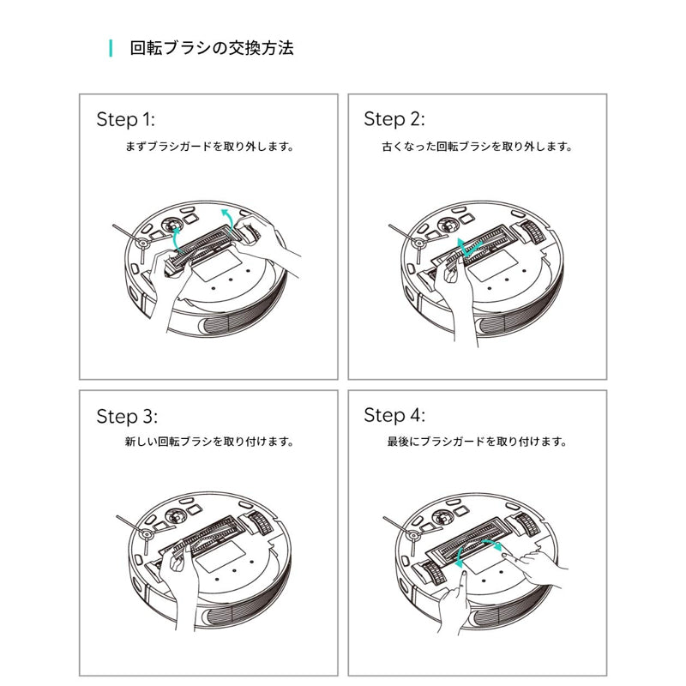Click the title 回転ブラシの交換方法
pyautogui.click(x=211, y=48)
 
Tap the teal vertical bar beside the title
pyautogui.click(x=111, y=48)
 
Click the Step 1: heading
pyautogui.click(x=125, y=118)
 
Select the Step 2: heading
pyautogui.click(x=394, y=118)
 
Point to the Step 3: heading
pyautogui.click(x=127, y=417)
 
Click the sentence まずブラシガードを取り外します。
pyautogui.click(x=209, y=147)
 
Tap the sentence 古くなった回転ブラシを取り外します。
pyautogui.click(x=477, y=147)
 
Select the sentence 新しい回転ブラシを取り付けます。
pyautogui.click(x=209, y=443)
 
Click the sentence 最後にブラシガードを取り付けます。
pyautogui.click(x=477, y=443)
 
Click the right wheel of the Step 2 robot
pyautogui.click(x=533, y=231)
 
